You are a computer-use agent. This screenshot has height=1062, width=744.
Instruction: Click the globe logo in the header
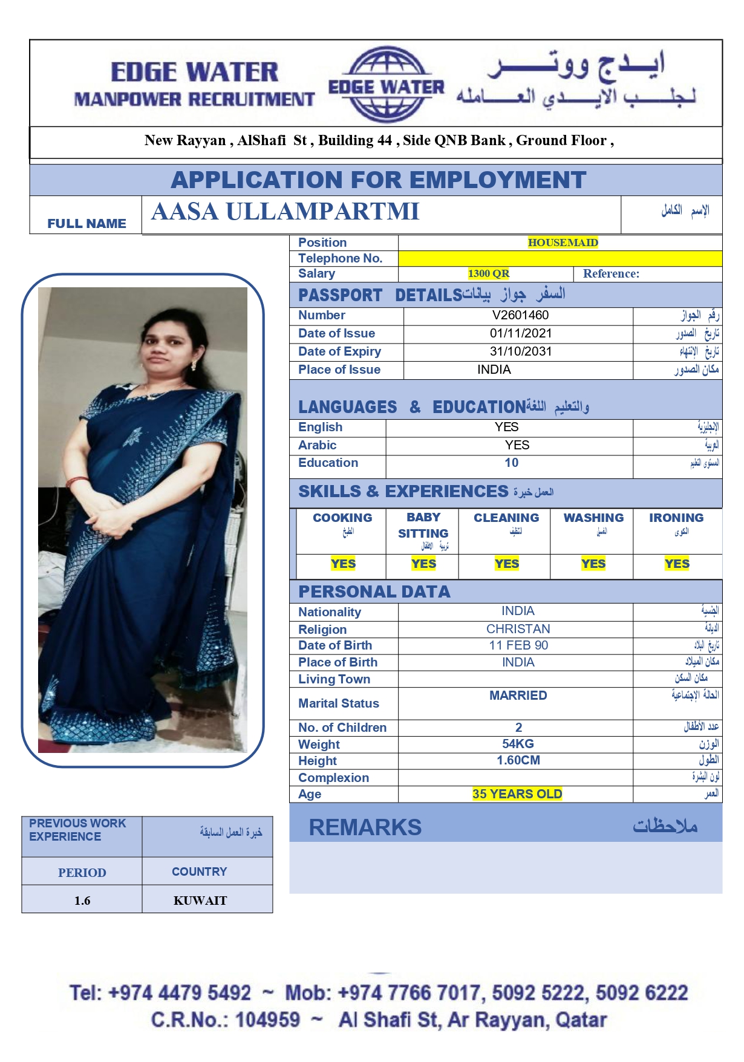tap(386, 85)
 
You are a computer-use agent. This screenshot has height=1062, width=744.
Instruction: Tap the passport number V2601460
tap(520, 315)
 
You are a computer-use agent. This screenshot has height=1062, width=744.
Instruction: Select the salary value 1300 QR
tap(488, 273)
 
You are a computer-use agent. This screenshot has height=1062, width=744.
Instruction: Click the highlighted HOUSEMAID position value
tap(563, 243)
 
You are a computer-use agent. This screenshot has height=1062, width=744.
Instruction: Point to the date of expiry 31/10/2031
tap(520, 351)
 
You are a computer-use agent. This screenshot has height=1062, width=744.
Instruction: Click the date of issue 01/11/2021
tap(520, 333)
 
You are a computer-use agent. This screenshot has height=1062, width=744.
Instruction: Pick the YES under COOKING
tap(343, 564)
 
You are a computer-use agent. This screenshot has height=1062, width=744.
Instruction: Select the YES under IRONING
tap(676, 564)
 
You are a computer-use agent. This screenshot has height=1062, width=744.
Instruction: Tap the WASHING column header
tap(593, 518)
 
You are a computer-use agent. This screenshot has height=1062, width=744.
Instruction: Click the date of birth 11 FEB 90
tap(518, 645)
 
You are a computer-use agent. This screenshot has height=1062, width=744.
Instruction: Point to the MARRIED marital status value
tap(518, 696)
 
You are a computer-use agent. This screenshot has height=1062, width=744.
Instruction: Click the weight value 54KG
tap(518, 744)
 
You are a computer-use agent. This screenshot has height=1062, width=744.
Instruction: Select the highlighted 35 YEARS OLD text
tap(517, 794)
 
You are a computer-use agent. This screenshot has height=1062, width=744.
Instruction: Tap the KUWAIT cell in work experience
tap(200, 901)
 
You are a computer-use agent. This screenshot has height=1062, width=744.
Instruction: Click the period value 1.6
tap(82, 901)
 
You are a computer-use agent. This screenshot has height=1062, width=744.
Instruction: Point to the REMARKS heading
tap(365, 827)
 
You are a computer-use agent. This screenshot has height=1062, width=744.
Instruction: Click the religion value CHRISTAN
tap(518, 629)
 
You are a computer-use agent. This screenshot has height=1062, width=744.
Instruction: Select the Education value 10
tap(511, 463)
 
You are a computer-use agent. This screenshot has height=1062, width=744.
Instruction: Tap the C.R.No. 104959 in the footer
tap(226, 1020)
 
